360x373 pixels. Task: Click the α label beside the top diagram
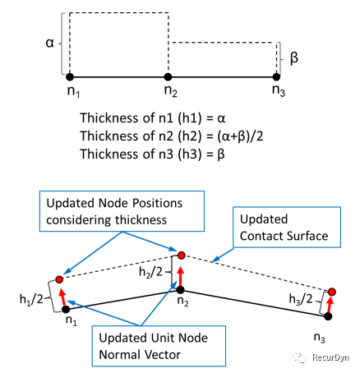[50, 43]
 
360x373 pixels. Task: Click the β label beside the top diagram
[294, 58]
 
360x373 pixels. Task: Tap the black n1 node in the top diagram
[70, 77]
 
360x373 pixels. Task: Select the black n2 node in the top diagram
[168, 77]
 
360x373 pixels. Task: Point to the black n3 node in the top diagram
[276, 77]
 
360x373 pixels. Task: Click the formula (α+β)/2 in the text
[240, 136]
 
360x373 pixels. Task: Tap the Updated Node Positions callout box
[122, 211]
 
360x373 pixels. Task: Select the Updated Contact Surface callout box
[287, 228]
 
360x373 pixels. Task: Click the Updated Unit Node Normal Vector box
[159, 346]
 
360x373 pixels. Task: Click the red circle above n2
[182, 256]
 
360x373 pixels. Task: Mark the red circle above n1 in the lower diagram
[59, 279]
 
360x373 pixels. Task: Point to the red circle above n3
[332, 292]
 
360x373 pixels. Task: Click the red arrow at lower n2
[181, 277]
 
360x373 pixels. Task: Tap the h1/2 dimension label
[31, 299]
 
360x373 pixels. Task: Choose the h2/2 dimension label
[150, 272]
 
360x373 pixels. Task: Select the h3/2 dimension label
[301, 299]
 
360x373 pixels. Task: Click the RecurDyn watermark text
[330, 357]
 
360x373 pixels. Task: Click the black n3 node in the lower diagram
[328, 316]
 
